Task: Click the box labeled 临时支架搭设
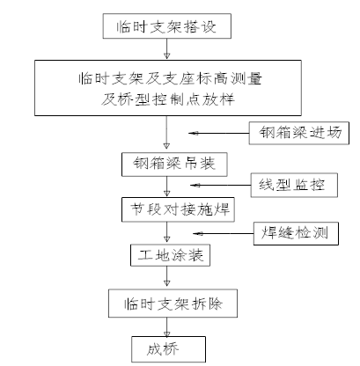(x=167, y=26)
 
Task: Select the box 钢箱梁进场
(x=299, y=133)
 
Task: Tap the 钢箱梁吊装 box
(x=174, y=165)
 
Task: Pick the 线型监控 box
(x=294, y=185)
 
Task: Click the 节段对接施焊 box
(x=178, y=209)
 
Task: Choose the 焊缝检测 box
(x=296, y=233)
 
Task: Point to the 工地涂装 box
(x=170, y=255)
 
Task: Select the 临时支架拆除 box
(x=173, y=304)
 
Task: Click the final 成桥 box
(x=168, y=349)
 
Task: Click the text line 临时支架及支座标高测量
(x=170, y=78)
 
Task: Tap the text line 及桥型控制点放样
(x=168, y=99)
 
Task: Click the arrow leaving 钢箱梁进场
(x=219, y=133)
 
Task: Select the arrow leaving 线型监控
(x=221, y=185)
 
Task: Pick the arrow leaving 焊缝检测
(x=224, y=233)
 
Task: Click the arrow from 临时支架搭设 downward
(x=166, y=48)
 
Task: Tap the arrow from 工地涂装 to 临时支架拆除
(x=166, y=276)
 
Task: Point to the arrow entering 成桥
(x=166, y=326)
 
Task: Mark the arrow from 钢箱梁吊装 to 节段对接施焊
(x=166, y=187)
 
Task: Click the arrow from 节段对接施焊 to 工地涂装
(x=166, y=232)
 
